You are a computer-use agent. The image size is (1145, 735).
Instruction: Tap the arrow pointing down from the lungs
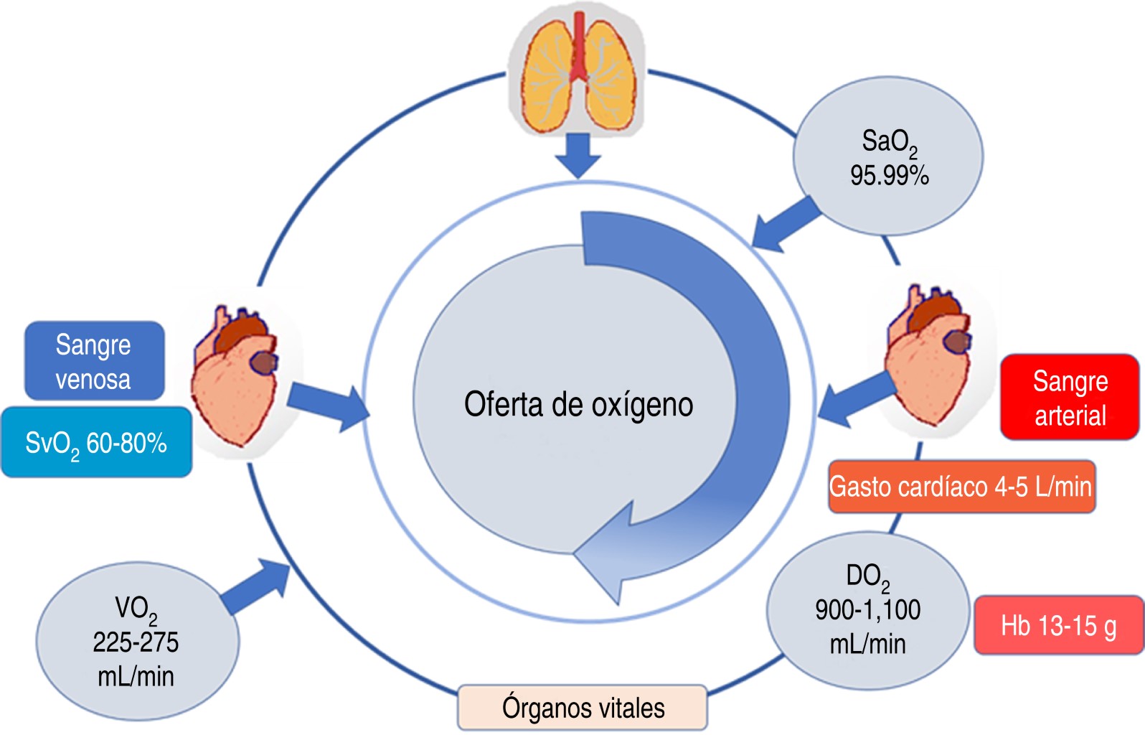(x=578, y=156)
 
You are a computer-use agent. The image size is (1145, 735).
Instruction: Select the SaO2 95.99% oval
(x=888, y=156)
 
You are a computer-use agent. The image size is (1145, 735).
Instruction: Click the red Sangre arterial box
(x=1069, y=397)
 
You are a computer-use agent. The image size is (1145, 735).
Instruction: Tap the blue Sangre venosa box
(x=94, y=361)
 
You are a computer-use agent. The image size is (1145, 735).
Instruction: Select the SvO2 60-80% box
(x=96, y=442)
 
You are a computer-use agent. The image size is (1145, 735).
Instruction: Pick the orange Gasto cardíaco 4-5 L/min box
(x=961, y=487)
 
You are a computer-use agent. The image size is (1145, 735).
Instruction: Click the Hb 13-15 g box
(x=1058, y=625)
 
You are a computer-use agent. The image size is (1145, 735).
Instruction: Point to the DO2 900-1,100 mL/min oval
(x=868, y=610)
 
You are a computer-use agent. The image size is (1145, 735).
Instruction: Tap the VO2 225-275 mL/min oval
(x=136, y=641)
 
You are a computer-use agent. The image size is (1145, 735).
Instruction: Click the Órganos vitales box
(x=583, y=707)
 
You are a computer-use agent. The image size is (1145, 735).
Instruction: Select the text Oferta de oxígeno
(x=578, y=404)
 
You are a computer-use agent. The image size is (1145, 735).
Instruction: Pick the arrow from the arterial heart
(x=854, y=402)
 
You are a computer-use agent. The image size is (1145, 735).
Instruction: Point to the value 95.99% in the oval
(x=889, y=175)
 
